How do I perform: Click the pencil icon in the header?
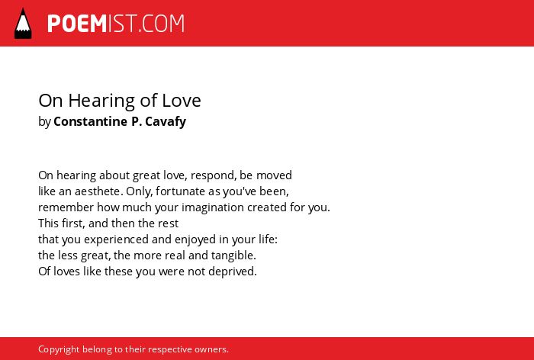pyautogui.click(x=23, y=23)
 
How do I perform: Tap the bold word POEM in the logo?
pyautogui.click(x=77, y=24)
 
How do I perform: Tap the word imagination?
pyautogui.click(x=213, y=207)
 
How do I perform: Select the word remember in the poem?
pyautogui.click(x=66, y=207)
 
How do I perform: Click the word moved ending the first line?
pyautogui.click(x=274, y=175)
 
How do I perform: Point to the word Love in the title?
pyautogui.click(x=182, y=101)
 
